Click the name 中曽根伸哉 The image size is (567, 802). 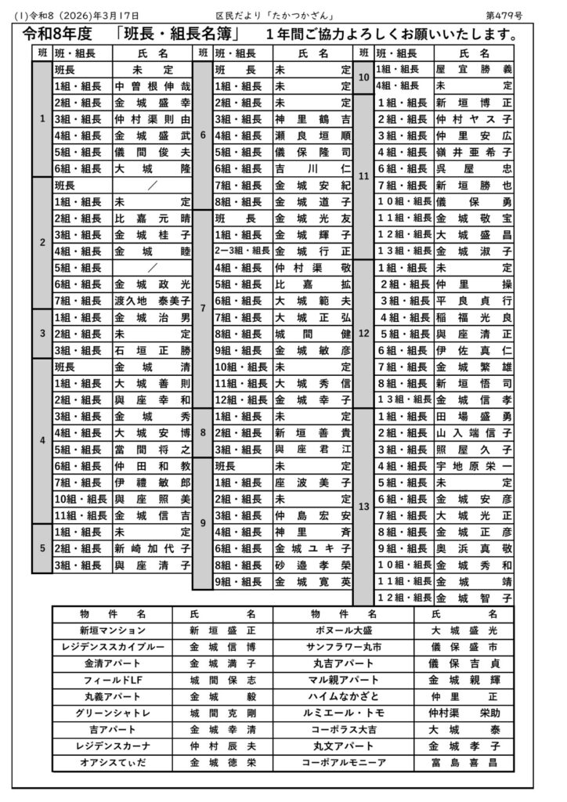tap(152, 86)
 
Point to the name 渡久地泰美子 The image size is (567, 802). tap(152, 301)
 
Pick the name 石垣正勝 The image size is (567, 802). tap(152, 350)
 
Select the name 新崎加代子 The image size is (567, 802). tap(152, 548)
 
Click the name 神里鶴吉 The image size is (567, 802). tap(312, 119)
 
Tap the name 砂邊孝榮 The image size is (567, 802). tap(312, 565)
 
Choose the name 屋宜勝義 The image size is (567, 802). tap(473, 70)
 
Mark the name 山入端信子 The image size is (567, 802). tap(473, 432)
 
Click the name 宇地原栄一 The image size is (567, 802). tap(473, 465)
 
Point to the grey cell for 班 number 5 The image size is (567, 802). tap(42, 548)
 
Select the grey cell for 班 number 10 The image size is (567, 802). tap(363, 78)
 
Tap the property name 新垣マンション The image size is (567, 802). tap(112, 630)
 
